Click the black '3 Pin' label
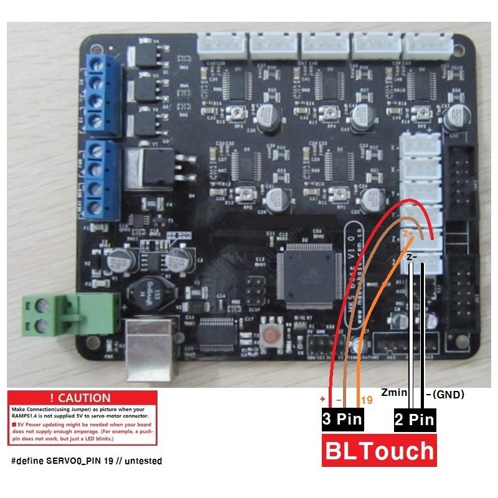342,419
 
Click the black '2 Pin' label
414,419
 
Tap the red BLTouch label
378,450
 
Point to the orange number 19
366,400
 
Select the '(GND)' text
448,394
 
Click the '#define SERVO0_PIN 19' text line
87,461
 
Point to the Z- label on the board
411,256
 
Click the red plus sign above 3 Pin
323,398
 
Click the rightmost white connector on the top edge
426,44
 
